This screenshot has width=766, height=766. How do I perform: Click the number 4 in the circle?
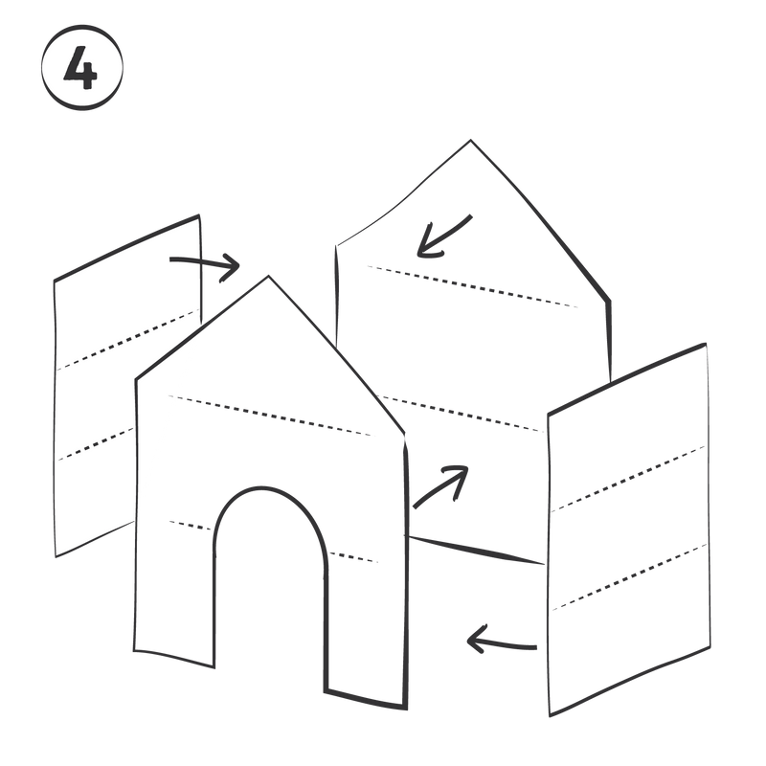coord(81,67)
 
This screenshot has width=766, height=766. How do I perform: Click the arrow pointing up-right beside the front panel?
coord(439,485)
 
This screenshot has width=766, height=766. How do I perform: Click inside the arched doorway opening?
coord(270,586)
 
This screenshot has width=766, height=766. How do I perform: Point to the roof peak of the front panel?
coord(268,277)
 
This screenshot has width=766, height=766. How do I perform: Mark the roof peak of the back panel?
coord(470,141)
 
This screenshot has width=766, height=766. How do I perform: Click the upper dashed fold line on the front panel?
coord(269,416)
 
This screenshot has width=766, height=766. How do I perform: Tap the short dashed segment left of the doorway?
coord(191,526)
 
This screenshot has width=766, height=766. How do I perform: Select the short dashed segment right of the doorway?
coord(352,557)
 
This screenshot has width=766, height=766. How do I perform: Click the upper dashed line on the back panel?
coord(472,286)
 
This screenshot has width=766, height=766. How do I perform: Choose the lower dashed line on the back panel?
coord(462,415)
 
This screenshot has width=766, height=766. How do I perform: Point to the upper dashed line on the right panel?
coord(628,479)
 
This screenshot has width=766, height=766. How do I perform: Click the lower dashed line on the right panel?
coord(630,577)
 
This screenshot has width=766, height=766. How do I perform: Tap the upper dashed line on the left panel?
coord(128,340)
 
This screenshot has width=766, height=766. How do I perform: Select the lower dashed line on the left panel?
coord(96,444)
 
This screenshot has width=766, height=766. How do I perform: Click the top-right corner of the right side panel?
coord(706,345)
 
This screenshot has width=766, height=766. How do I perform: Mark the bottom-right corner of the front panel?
coord(406,709)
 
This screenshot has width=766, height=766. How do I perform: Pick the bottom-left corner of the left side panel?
coord(56,556)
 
